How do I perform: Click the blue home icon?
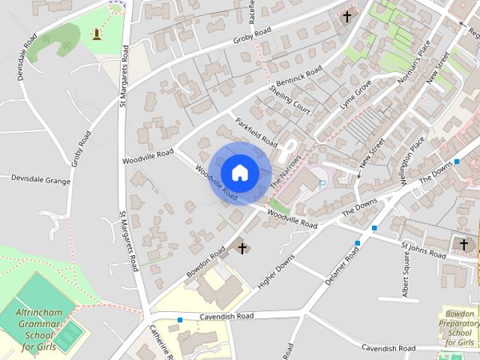[240, 172]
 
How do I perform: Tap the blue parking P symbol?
[323, 182]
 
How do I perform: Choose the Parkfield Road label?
[256, 132]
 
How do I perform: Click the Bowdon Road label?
[206, 263]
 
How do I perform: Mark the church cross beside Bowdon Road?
[242, 247]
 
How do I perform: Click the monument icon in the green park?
[97, 34]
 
